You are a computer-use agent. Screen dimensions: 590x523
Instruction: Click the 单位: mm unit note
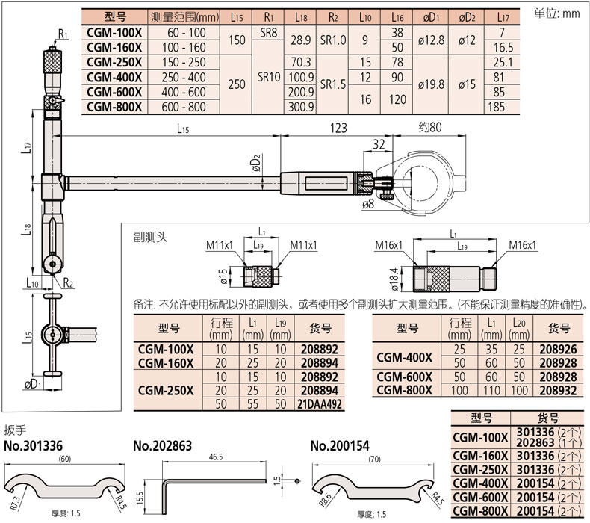[556, 13]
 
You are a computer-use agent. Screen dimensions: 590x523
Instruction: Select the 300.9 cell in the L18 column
[301, 107]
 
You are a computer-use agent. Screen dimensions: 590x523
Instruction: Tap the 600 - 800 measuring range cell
[184, 107]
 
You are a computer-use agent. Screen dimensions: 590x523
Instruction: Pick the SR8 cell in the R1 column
[268, 33]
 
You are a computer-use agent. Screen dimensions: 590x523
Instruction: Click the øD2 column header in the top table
[467, 17]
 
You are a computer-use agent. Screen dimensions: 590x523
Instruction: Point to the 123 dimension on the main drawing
[338, 128]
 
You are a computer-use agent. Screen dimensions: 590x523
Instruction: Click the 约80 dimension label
[430, 127]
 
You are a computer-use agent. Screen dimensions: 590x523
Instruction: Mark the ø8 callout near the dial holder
[368, 205]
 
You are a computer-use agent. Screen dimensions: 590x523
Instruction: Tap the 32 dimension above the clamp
[379, 144]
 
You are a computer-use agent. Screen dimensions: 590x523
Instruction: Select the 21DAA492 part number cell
[320, 404]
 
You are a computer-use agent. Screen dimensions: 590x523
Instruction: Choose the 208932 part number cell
[558, 391]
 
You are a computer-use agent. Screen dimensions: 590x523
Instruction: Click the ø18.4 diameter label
[394, 279]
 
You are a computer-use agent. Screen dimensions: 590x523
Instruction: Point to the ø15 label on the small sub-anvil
[223, 276]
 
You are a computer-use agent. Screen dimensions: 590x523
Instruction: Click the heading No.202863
[163, 446]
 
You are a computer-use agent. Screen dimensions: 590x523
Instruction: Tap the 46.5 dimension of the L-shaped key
[216, 457]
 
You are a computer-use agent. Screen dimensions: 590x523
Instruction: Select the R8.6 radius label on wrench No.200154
[325, 500]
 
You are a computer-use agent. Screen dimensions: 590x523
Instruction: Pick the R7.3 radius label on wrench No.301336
[14, 503]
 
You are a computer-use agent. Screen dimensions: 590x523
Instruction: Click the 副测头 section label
[151, 237]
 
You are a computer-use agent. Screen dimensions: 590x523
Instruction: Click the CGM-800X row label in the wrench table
[480, 511]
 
